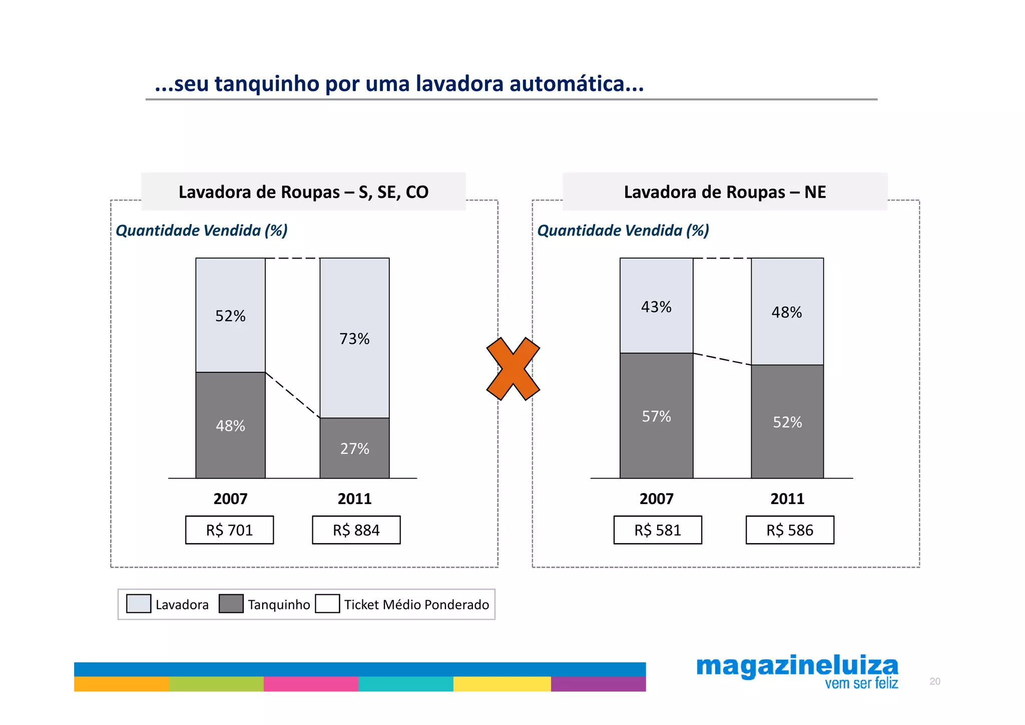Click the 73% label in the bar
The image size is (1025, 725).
(x=354, y=339)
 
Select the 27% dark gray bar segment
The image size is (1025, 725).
(x=354, y=448)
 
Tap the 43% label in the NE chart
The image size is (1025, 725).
(x=656, y=307)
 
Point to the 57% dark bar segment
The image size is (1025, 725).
(x=656, y=416)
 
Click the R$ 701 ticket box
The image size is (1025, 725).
(x=229, y=530)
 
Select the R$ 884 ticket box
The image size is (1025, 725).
(x=356, y=530)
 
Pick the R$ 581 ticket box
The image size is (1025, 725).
(x=658, y=530)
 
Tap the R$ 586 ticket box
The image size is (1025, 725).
(x=790, y=530)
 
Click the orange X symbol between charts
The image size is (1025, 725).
(x=513, y=369)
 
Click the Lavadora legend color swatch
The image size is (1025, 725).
(x=139, y=604)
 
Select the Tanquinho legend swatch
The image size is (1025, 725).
(x=231, y=604)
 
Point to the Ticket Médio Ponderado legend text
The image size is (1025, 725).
(x=416, y=605)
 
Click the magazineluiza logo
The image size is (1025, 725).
(x=797, y=667)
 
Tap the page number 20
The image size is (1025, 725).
(x=934, y=681)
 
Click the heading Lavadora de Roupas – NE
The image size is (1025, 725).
(x=725, y=192)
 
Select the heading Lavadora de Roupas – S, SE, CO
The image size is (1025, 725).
(x=303, y=192)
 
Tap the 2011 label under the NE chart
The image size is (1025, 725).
(x=787, y=499)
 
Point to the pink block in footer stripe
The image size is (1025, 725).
(x=311, y=684)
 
